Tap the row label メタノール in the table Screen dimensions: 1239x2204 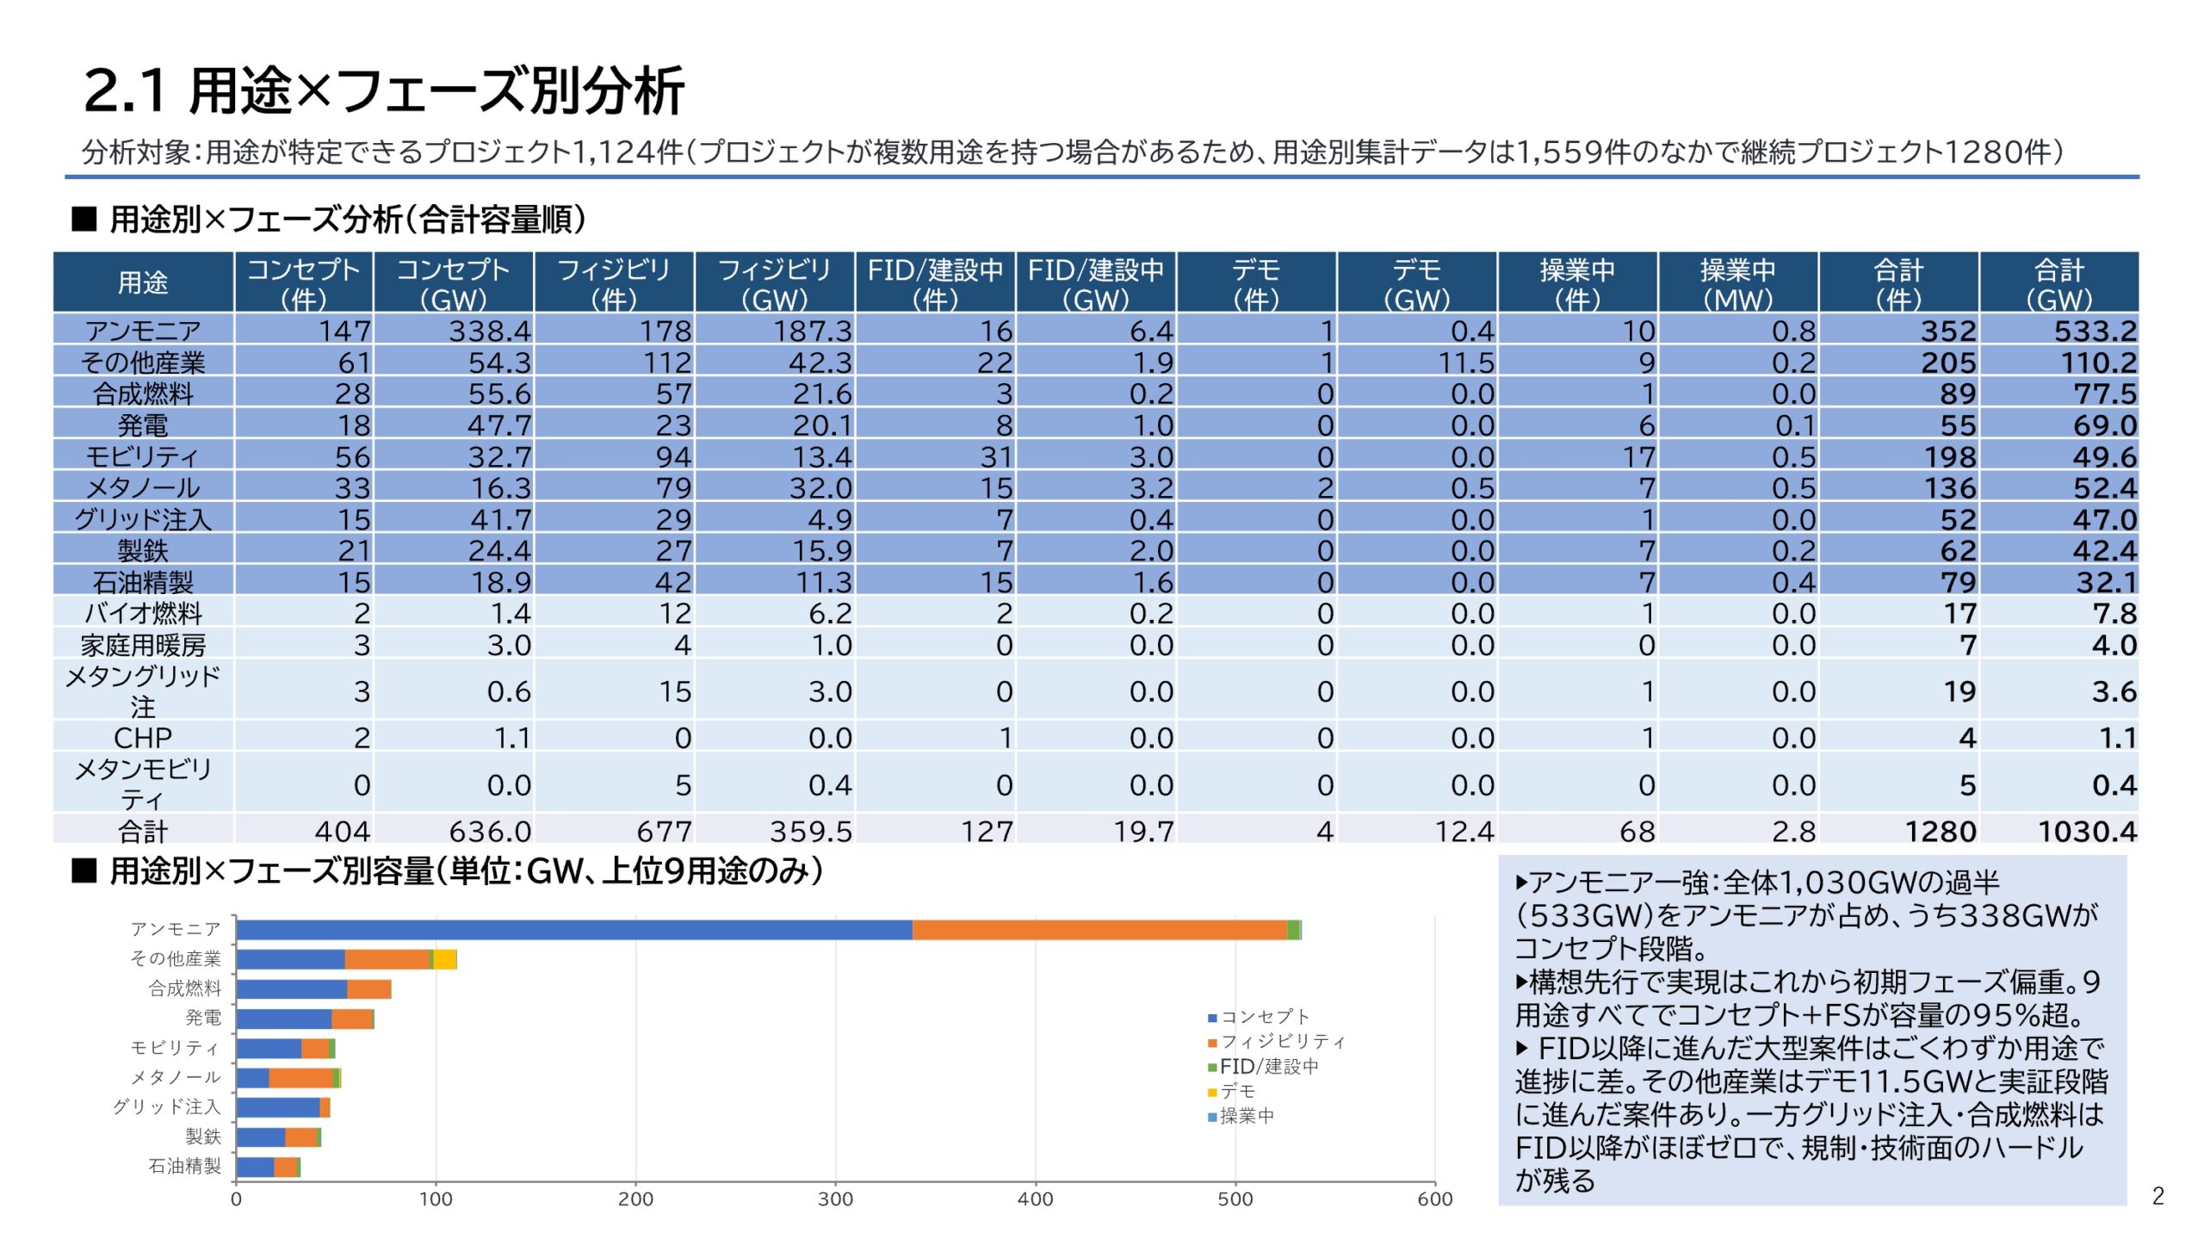tap(143, 488)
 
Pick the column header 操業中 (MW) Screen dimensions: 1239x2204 tap(1737, 283)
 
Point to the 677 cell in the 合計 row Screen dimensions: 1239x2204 tap(664, 831)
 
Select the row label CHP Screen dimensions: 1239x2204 tap(143, 738)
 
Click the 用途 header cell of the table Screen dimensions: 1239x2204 tap(143, 282)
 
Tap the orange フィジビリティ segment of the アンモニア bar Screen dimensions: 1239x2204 tap(1099, 930)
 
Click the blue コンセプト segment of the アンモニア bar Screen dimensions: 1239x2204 tap(573, 930)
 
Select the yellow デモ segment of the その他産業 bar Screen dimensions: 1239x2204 tap(444, 959)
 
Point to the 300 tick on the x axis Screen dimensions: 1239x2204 tap(834, 1199)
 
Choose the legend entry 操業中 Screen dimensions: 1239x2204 tap(1246, 1117)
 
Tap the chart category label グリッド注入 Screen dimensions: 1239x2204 tap(166, 1107)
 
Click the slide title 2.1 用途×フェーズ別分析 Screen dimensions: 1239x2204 tap(383, 90)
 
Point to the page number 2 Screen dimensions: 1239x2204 tap(2158, 1196)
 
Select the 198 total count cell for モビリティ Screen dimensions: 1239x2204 tap(1949, 456)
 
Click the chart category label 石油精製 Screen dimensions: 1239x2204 tap(184, 1167)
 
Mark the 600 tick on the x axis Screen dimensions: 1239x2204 tap(1434, 1199)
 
